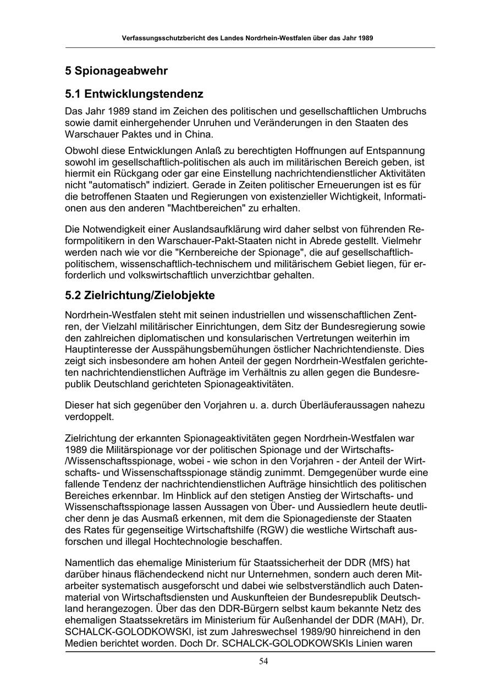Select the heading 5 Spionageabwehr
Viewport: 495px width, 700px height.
click(116, 71)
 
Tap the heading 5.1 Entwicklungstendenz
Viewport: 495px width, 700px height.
click(134, 94)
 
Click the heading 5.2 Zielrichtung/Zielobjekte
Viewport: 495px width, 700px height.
click(140, 295)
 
